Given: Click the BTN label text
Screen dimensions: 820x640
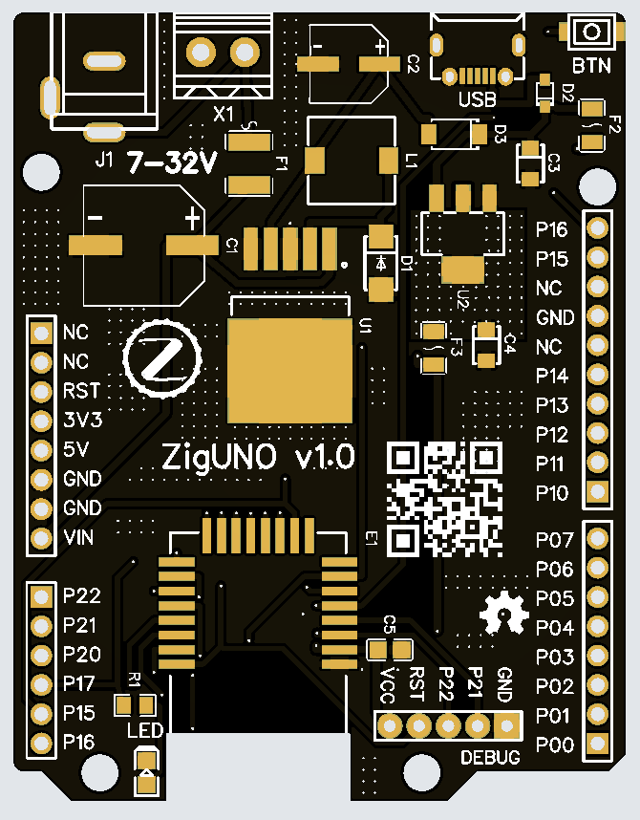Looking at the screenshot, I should (591, 66).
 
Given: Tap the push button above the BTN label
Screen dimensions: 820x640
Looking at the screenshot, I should (591, 32).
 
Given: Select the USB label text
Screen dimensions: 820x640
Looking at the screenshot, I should (477, 98).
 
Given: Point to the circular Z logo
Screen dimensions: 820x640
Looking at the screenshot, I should (160, 357).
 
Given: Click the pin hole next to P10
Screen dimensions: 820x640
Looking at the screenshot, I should (598, 492).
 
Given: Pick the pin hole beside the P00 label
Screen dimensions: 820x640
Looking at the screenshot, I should (598, 744).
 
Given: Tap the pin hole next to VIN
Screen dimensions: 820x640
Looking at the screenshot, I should (40, 537).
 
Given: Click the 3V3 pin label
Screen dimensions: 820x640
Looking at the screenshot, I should (81, 420).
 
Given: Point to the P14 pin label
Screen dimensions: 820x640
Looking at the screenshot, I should (552, 376).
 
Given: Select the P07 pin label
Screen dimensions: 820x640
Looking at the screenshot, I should (554, 540).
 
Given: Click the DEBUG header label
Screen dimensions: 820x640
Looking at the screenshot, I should (491, 758).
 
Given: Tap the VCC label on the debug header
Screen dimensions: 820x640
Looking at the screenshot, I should (387, 682).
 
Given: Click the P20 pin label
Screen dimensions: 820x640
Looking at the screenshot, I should (81, 655).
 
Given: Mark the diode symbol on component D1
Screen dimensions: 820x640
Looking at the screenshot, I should (381, 261).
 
